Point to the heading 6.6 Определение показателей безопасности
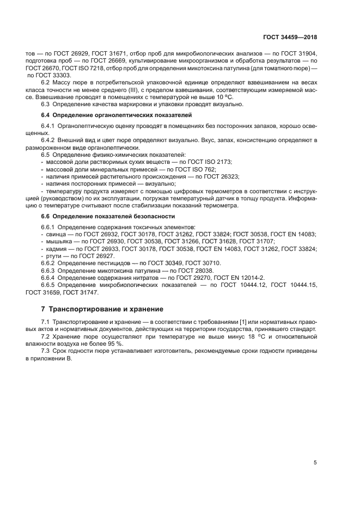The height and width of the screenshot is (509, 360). tap(108, 216)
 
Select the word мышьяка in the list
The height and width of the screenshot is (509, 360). tap(58, 241)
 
